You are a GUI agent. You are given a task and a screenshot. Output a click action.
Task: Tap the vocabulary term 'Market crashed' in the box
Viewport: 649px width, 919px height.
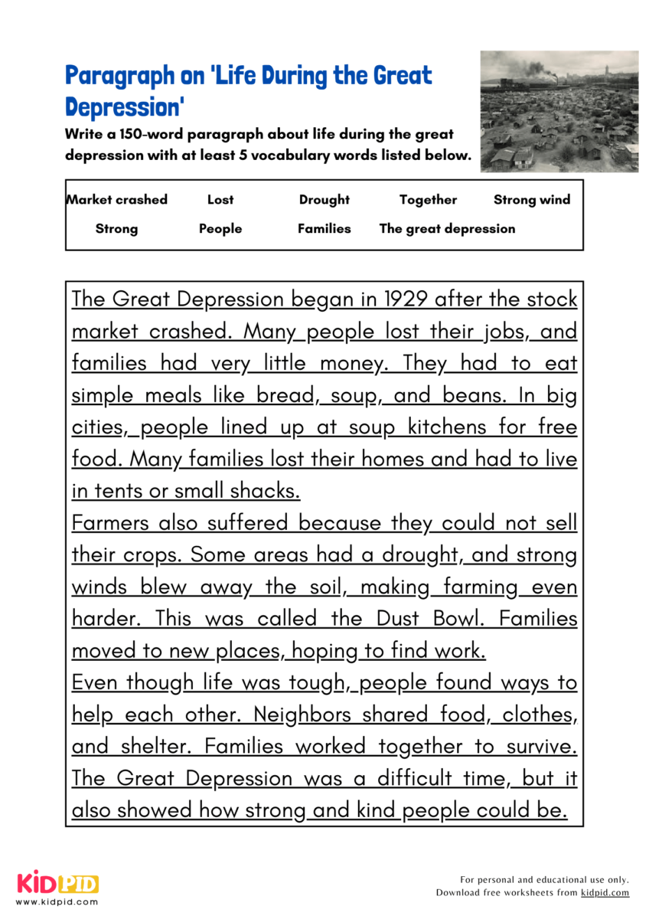coord(117,200)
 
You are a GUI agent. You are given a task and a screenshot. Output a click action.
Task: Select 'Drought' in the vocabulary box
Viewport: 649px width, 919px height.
coord(324,200)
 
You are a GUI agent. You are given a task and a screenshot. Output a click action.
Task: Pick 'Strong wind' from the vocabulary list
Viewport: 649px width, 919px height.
coord(532,200)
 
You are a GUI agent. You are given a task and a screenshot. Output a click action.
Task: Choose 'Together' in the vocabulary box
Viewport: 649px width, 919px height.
coord(428,200)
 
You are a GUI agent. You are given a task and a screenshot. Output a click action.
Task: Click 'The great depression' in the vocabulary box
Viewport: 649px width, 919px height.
coord(447,229)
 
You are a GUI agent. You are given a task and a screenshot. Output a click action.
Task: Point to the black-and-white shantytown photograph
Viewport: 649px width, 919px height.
coord(559,111)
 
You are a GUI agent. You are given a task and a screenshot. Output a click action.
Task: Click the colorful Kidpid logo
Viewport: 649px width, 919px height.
coord(58,884)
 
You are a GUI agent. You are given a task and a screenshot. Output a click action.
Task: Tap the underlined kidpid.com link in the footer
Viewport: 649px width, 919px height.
coord(605,893)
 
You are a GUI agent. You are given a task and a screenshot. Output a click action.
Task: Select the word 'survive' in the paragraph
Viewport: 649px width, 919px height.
coord(540,747)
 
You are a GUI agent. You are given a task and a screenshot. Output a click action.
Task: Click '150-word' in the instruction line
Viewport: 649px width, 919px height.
coord(140,134)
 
